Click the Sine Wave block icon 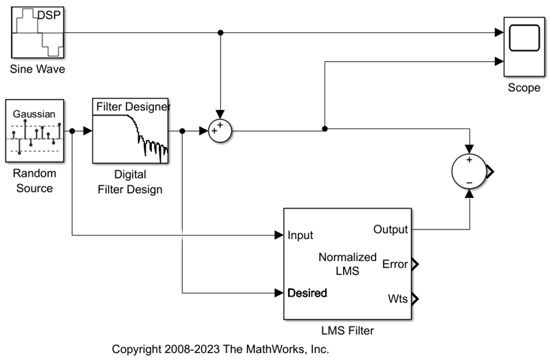point(38,32)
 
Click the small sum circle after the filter point(220,130)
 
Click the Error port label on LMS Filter point(395,263)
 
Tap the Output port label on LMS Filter point(390,229)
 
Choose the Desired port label point(307,293)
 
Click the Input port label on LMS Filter point(300,235)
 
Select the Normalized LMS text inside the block point(347,264)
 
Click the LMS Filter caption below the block point(347,331)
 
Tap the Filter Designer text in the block point(133,106)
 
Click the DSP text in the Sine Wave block point(48,14)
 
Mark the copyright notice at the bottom point(221,349)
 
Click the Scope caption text point(524,88)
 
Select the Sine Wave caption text point(38,69)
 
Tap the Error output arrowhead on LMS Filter point(414,263)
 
